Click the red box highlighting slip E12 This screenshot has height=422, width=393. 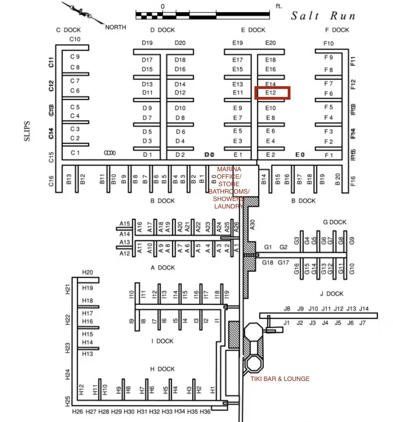coord(272,93)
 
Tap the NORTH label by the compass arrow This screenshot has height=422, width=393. coord(116,27)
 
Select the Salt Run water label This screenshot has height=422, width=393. coord(323,15)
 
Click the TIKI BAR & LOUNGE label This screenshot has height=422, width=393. coord(280,379)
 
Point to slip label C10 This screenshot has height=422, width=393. coord(75,39)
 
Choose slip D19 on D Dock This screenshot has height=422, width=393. coord(147,43)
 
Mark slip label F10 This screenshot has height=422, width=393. coord(328,43)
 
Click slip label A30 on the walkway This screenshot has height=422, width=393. coord(253,225)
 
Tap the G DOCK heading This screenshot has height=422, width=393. coord(334,222)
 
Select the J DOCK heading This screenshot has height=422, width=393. coord(331,294)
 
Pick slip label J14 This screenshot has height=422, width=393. coord(364,308)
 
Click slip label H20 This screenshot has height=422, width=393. coord(87,272)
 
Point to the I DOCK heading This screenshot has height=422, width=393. coord(162,341)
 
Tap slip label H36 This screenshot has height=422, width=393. coord(205,412)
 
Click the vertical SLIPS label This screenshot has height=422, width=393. coord(27,131)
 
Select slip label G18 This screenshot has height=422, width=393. coord(268,262)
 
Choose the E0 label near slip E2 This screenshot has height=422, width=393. coord(300,155)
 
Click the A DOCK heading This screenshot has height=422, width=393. coord(162,268)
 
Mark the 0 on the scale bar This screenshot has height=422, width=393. coord(163,7)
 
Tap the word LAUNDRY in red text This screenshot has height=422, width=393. coord(229,206)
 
